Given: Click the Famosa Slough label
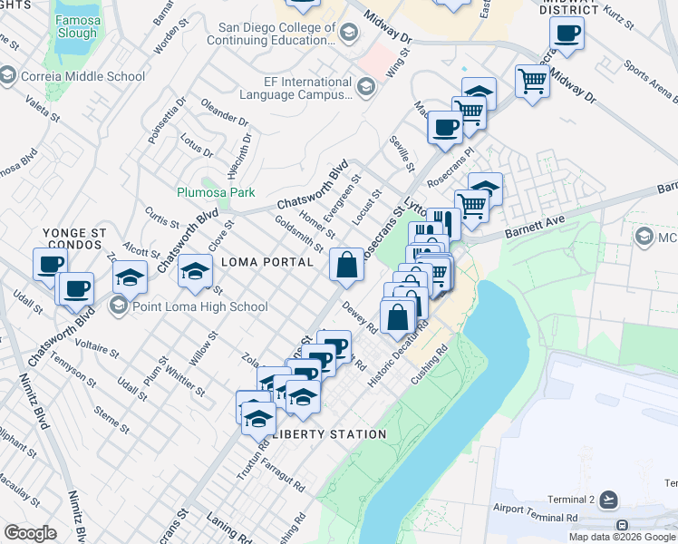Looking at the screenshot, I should click(75, 26).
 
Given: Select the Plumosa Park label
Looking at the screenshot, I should click(216, 192).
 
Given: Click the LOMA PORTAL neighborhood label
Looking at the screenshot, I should click(267, 262).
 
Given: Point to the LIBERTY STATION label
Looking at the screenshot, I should click(330, 434).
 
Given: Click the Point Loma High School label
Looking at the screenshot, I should click(199, 306).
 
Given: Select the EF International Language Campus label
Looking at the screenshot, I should click(295, 88).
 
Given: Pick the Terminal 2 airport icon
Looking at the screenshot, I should click(607, 500).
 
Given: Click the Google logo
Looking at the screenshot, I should click(30, 532).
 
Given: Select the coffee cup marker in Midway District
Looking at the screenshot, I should click(567, 34).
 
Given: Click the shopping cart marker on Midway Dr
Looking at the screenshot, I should click(532, 81).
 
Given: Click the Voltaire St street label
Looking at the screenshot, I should click(97, 345).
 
